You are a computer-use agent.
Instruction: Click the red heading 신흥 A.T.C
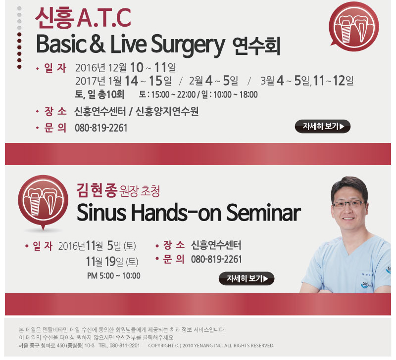[x=83, y=18]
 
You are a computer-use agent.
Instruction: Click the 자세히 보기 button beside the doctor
[x=247, y=278]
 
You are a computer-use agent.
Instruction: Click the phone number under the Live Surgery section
[x=101, y=128]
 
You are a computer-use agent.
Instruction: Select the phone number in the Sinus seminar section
[x=216, y=259]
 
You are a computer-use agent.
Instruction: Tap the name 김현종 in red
[x=97, y=190]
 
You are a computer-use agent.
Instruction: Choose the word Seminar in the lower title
[x=263, y=213]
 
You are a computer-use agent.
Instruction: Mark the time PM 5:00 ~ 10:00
[x=114, y=276]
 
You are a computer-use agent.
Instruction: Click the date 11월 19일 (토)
[x=112, y=262]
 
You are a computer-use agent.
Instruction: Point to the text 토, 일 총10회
[x=99, y=94]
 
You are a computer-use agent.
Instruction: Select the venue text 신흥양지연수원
[x=167, y=111]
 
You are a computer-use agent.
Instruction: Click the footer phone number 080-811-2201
[x=124, y=345]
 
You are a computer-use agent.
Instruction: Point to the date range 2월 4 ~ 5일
[x=213, y=81]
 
